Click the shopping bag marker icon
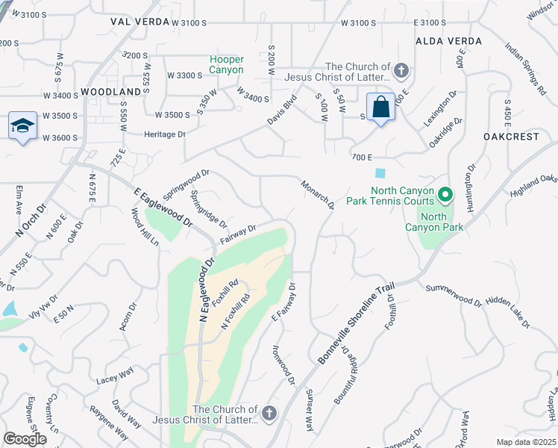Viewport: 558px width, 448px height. click(380, 108)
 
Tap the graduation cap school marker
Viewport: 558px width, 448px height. click(22, 125)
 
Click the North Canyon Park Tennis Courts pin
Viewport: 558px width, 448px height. click(445, 196)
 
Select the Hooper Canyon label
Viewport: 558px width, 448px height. click(227, 64)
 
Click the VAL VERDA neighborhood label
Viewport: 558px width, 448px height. click(136, 22)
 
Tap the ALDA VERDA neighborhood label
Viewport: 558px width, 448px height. click(448, 40)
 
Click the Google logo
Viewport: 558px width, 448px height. click(25, 439)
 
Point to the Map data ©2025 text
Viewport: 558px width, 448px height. click(526, 442)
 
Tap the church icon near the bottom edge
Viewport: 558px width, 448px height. click(269, 412)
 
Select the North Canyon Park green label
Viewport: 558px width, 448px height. click(442, 222)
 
